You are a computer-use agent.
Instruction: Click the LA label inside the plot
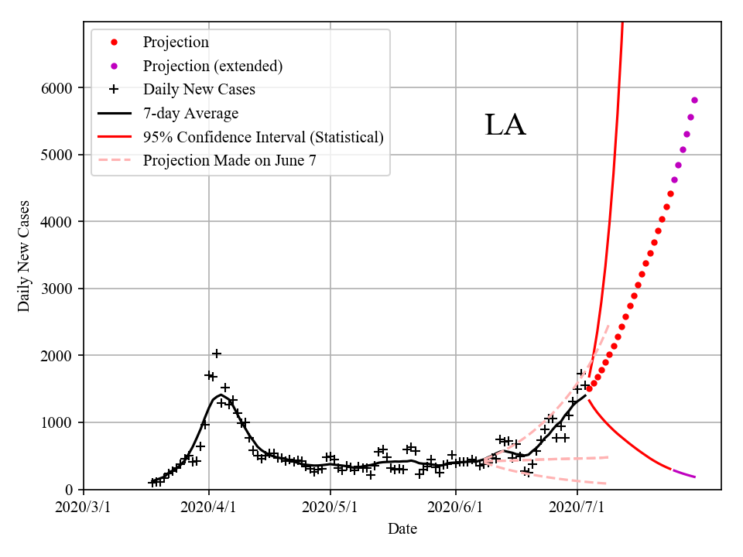click(x=505, y=125)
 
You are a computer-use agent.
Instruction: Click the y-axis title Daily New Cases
click(x=24, y=256)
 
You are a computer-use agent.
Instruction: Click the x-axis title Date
click(x=402, y=529)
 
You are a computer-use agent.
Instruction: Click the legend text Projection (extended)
click(x=212, y=66)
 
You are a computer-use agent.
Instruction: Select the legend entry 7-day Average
click(x=190, y=114)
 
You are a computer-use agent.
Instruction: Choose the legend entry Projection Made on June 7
click(x=229, y=161)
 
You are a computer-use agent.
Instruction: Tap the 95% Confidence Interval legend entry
click(x=263, y=138)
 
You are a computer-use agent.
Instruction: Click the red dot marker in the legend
click(x=114, y=42)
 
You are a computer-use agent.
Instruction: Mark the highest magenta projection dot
click(x=694, y=100)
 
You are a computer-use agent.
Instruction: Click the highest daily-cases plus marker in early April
click(x=217, y=354)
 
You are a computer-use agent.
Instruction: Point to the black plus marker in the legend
click(x=114, y=90)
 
